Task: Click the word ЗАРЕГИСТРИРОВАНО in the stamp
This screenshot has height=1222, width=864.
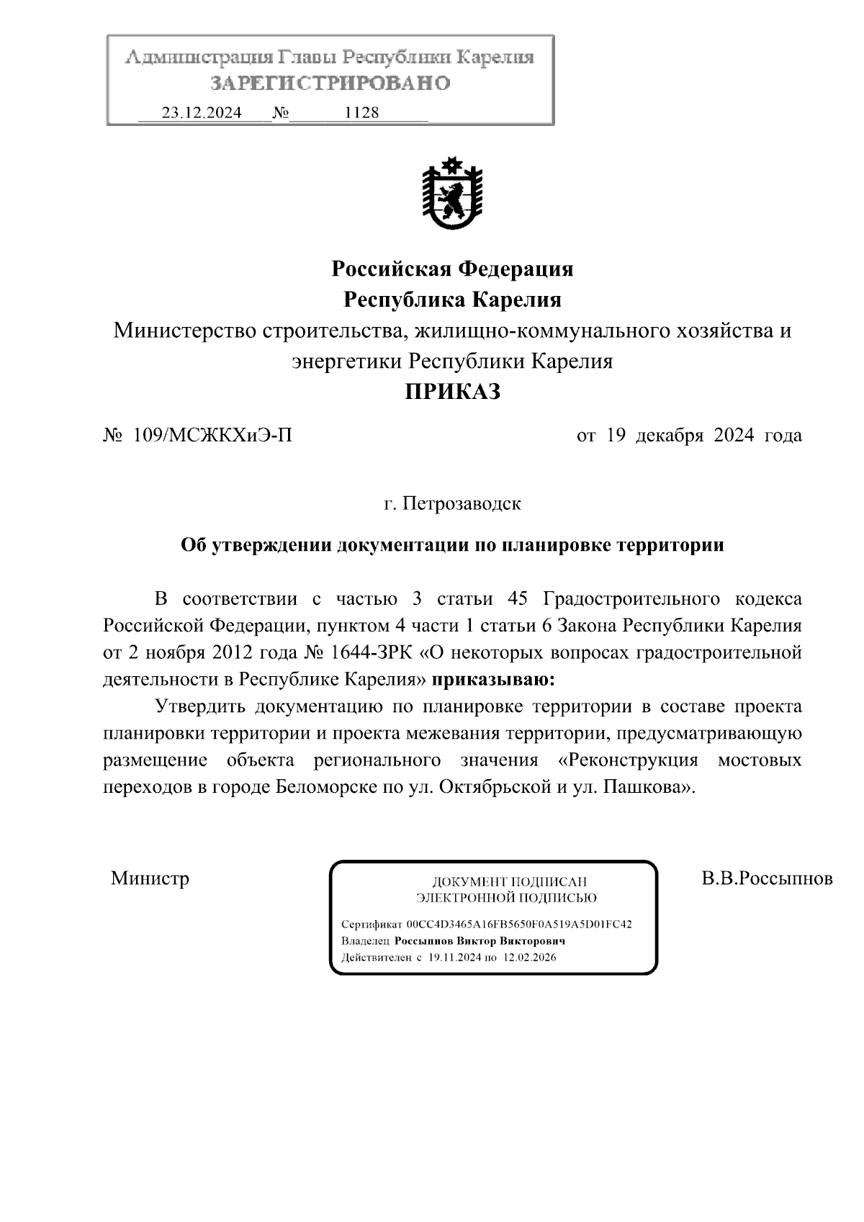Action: point(330,84)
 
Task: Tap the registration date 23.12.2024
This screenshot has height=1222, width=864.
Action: point(202,113)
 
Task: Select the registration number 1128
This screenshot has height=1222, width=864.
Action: point(362,113)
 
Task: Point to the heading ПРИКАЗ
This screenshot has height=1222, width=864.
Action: point(451,392)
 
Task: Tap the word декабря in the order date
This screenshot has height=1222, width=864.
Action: point(667,436)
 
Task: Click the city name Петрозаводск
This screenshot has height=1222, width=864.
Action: point(461,503)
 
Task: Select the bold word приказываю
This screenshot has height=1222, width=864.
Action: point(493,679)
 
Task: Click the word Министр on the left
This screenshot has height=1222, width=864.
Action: point(150,879)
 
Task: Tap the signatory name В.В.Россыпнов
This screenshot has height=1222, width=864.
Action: point(768,879)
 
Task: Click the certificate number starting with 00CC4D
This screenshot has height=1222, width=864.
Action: point(519,925)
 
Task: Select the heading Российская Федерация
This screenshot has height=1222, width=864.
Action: point(452,269)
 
